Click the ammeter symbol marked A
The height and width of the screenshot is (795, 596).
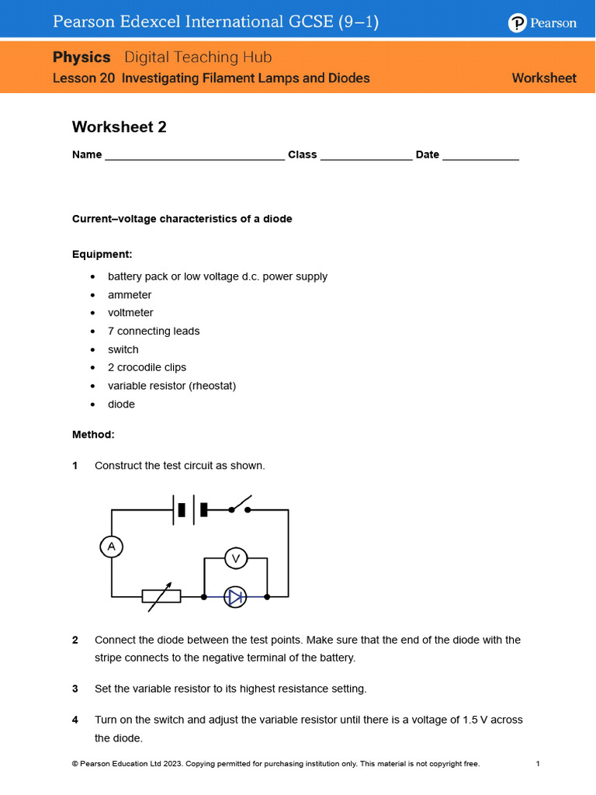[112, 547]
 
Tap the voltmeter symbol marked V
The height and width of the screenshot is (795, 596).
[236, 557]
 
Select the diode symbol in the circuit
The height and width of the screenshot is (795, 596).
[235, 596]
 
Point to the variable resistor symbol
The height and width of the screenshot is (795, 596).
[161, 596]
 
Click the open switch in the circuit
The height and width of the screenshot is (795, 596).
[242, 506]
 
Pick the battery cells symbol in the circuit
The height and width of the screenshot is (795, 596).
[191, 509]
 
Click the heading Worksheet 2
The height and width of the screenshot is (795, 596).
[120, 127]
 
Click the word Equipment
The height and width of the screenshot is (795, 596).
[102, 254]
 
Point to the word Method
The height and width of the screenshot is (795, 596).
[93, 435]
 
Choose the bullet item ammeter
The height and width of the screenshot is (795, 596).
[130, 295]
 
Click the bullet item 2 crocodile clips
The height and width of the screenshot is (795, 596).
[147, 367]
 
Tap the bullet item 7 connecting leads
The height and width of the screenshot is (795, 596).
[154, 331]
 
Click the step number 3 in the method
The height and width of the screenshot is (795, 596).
[75, 689]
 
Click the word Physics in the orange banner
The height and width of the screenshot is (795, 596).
[81, 57]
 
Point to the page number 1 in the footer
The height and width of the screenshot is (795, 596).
[537, 764]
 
